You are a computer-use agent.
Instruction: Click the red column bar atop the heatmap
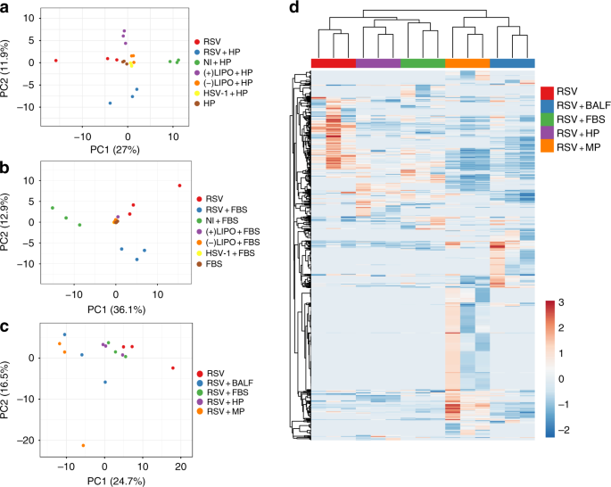pos(334,62)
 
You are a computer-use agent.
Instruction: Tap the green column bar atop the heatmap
pos(423,62)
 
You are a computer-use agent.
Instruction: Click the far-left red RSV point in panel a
pos(55,61)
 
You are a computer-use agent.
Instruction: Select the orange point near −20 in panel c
pos(83,445)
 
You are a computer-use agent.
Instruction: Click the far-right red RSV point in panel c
pos(173,367)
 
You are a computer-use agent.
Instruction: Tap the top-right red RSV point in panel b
pos(179,186)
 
